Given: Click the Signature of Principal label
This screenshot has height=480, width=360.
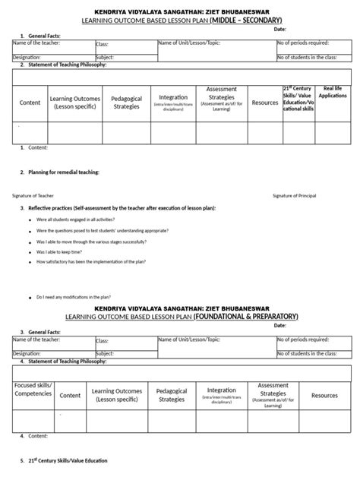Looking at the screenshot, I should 298,195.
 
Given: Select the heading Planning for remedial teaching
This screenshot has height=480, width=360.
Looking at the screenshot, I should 64,172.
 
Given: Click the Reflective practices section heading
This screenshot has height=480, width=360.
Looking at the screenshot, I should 122,207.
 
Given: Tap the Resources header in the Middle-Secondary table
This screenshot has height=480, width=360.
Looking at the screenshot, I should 264,102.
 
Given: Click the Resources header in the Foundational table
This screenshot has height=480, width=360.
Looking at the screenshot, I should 324,395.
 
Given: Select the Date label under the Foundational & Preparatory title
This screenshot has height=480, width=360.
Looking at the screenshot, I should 280,325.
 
